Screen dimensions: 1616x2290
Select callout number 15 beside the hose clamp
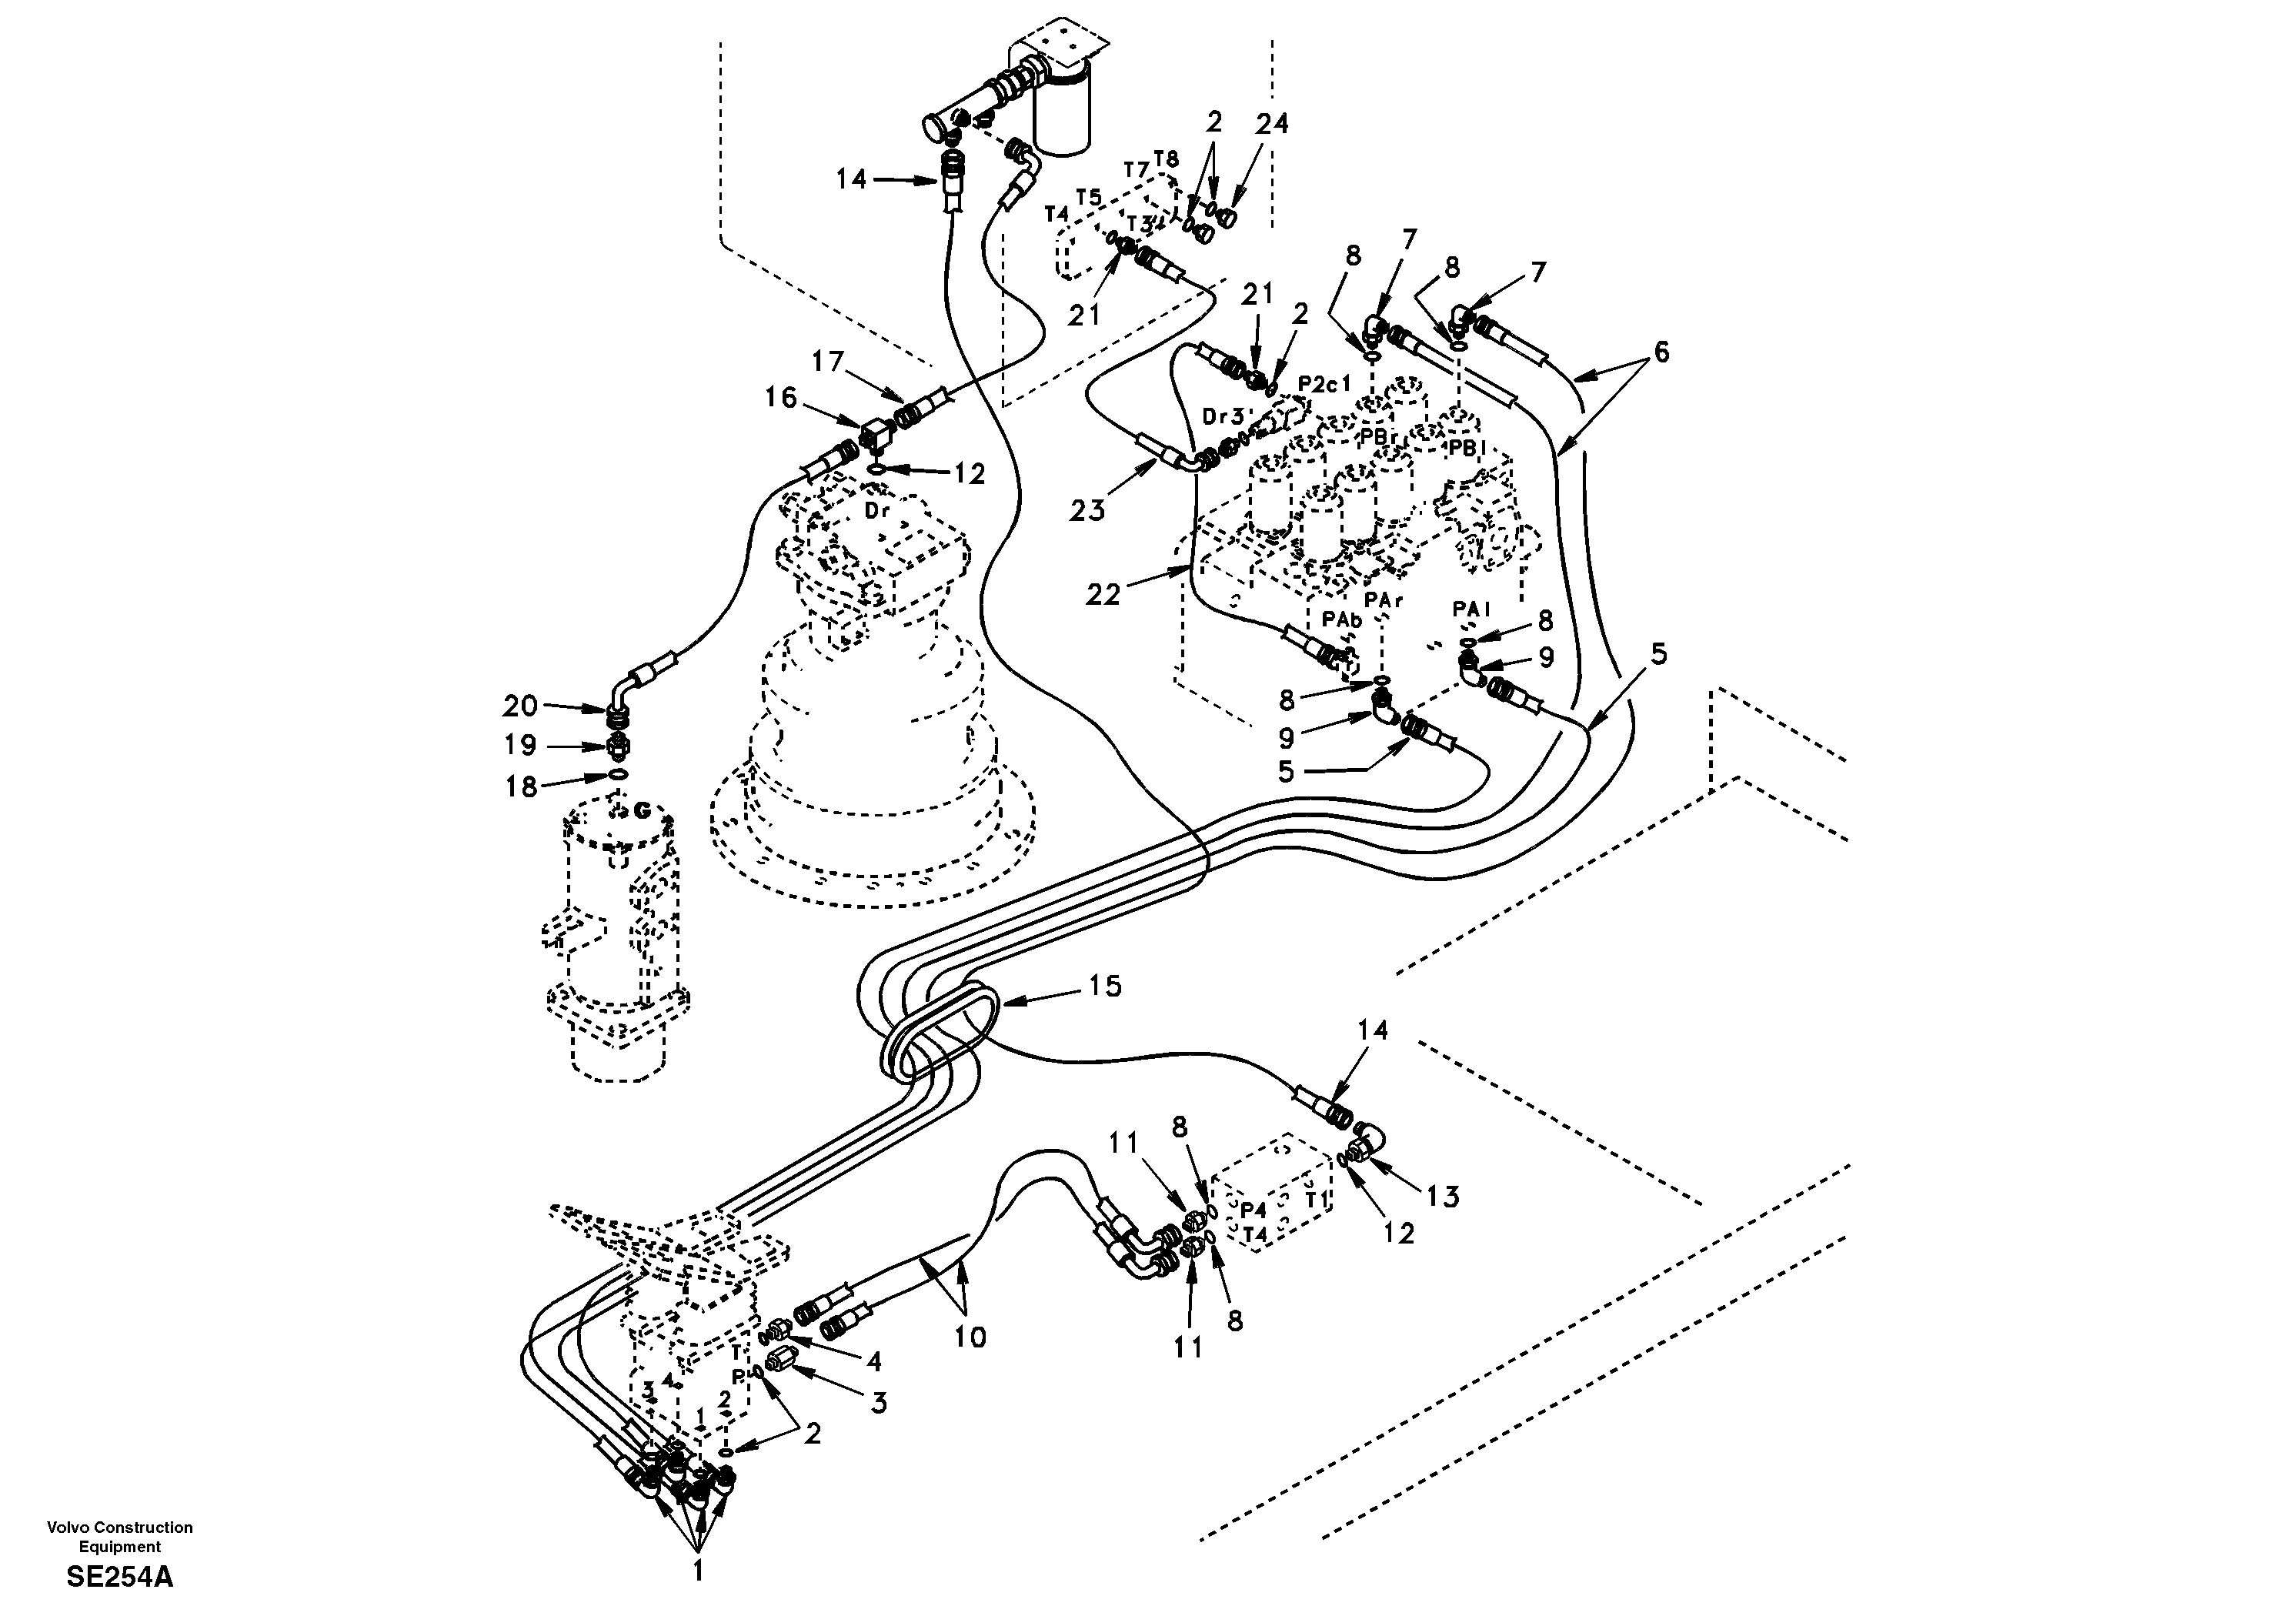click(1104, 987)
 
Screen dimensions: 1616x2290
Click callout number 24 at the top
click(1272, 124)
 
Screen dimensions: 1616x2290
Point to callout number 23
click(1087, 511)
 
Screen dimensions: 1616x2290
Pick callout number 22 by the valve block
click(1104, 595)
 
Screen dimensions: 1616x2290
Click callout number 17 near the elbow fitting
click(828, 362)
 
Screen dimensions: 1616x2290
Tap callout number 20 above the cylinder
click(519, 706)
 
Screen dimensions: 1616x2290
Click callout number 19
click(519, 745)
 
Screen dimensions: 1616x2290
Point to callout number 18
click(519, 787)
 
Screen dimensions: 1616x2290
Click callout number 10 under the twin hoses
click(970, 1337)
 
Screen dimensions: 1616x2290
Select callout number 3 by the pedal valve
click(878, 1403)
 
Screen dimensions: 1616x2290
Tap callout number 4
click(873, 1360)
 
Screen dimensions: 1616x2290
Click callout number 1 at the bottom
click(698, 1571)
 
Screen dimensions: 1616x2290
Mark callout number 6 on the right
click(1660, 352)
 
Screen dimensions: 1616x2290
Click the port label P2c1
click(1324, 384)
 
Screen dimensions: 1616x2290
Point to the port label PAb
click(1341, 619)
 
